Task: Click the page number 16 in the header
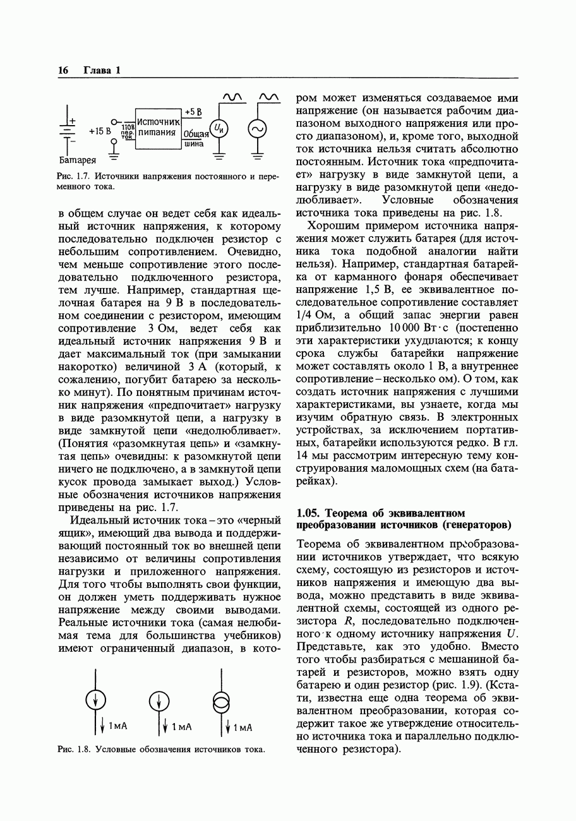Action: click(x=63, y=70)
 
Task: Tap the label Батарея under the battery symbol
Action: click(x=78, y=159)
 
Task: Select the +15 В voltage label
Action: click(x=100, y=131)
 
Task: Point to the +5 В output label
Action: click(x=193, y=112)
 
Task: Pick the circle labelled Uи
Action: click(x=219, y=129)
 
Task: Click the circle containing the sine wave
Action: click(x=257, y=129)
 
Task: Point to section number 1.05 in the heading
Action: click(x=309, y=513)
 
